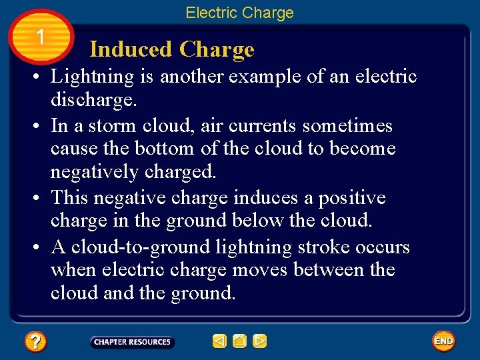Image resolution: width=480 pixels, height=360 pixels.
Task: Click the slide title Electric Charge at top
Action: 239,13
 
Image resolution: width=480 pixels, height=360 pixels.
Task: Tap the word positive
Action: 351,198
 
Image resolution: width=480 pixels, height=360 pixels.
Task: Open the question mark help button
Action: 35,342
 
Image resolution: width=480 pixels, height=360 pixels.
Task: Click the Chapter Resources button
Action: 132,342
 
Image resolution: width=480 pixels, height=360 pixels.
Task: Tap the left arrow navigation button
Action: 219,341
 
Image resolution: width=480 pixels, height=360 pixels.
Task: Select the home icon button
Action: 240,341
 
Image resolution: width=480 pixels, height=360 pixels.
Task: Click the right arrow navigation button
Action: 260,341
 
